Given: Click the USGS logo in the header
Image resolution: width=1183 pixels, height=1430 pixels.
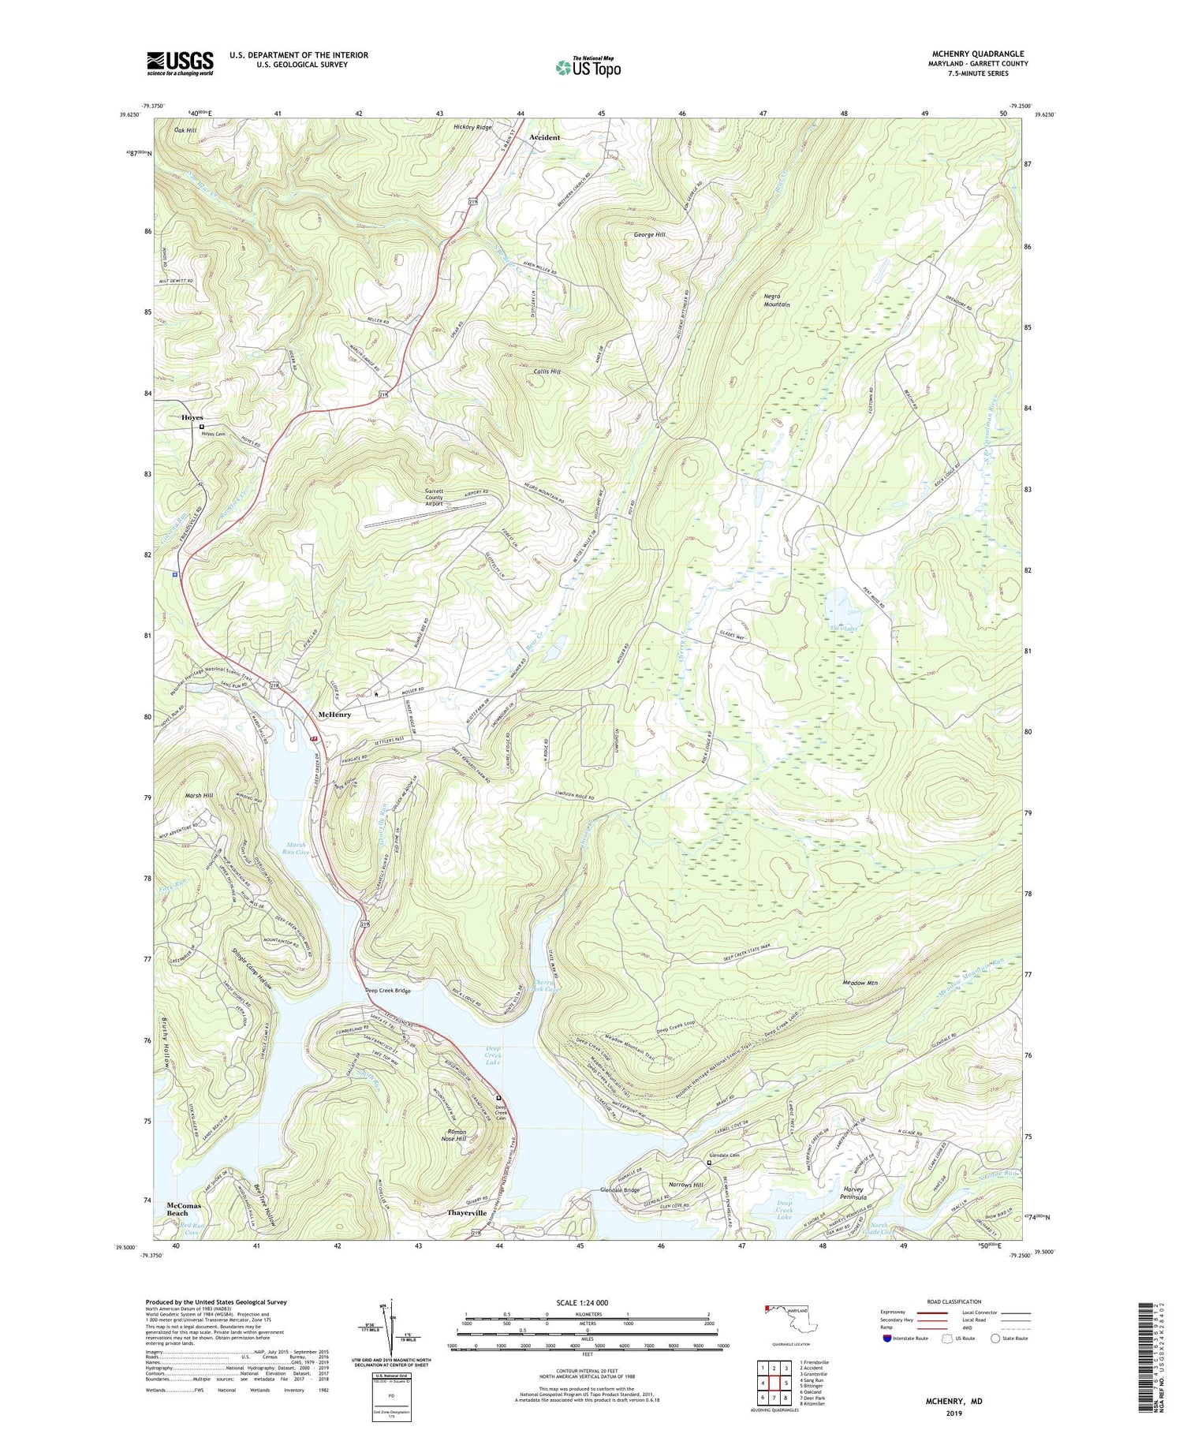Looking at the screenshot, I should pos(180,63).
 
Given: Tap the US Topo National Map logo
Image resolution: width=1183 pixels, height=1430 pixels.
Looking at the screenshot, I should pos(588,67).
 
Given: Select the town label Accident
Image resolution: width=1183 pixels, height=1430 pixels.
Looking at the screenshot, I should pos(544,137).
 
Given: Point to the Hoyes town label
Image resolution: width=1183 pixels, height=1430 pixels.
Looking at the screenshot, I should pos(192,417).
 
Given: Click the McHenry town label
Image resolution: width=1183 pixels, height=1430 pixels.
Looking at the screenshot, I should pos(334,714).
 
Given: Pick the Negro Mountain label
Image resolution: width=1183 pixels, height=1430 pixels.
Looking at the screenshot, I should pos(777,300).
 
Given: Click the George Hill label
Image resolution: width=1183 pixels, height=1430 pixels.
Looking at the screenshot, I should pos(650,235).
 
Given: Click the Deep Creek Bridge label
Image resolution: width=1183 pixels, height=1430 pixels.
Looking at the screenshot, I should pos(387,991).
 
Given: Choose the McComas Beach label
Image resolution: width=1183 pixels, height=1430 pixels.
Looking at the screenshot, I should pos(184,1209).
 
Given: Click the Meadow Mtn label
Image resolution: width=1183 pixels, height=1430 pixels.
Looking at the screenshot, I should pos(860,983).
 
